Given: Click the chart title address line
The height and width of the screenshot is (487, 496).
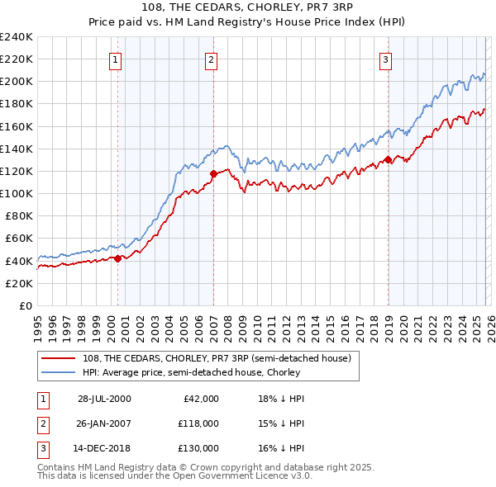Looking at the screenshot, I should point(248,7).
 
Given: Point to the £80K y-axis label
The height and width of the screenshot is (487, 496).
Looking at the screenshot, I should point(18,215).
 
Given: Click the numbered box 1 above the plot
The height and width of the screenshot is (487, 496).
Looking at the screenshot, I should point(115,59).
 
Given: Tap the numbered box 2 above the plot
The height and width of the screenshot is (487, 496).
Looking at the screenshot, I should point(212,59).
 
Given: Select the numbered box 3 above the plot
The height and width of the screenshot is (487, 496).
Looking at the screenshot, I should point(385,59).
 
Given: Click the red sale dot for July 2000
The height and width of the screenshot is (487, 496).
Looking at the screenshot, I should point(118,258).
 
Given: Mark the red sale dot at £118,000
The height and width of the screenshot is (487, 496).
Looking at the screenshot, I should point(213,173).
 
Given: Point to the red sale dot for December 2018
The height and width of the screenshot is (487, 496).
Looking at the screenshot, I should point(388,160).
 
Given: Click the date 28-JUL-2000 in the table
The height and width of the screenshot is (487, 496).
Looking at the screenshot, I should point(104,399).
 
